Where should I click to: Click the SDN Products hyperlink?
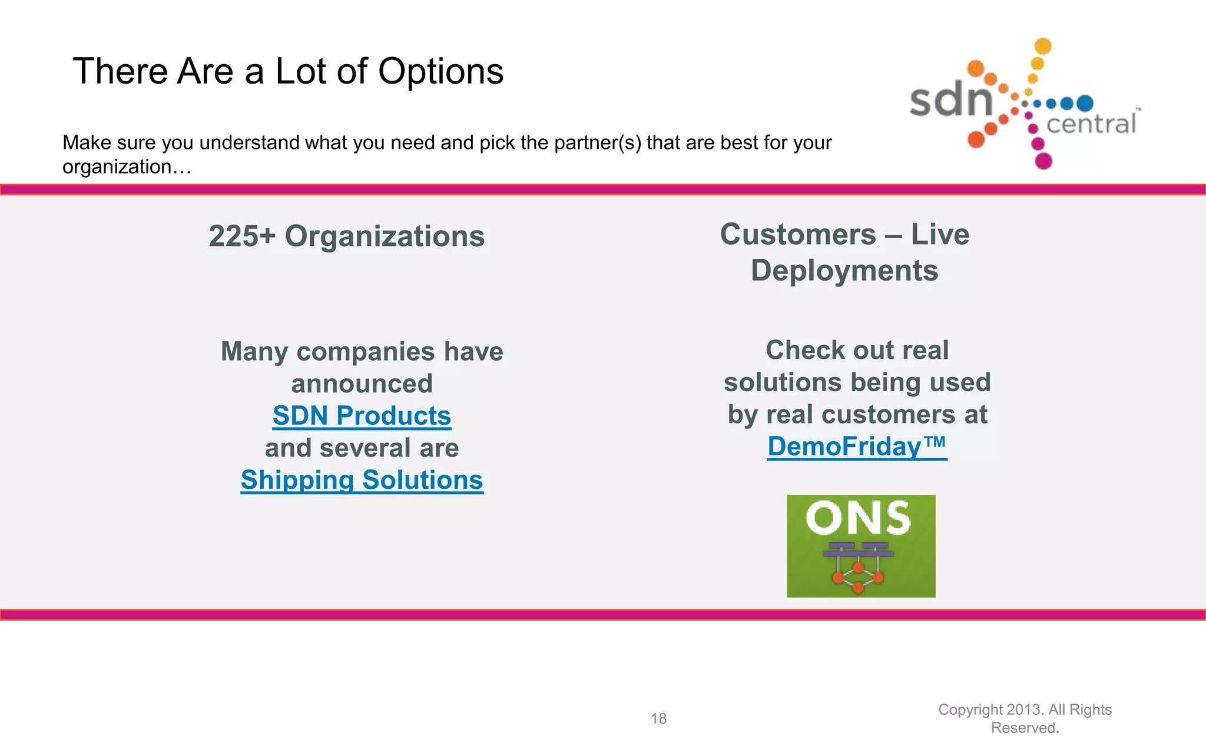(362, 416)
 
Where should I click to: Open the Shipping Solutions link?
(362, 480)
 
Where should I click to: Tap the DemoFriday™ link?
(857, 447)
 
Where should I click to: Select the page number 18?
(658, 718)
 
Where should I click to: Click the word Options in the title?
(440, 72)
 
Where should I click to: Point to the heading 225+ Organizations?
(347, 236)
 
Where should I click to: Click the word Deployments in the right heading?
(844, 271)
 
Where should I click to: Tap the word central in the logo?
(1091, 124)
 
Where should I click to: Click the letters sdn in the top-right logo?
(950, 100)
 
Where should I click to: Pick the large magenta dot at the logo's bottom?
(1043, 161)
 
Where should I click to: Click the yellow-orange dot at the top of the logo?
(1043, 46)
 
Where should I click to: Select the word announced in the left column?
(362, 384)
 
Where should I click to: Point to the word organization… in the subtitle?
(127, 167)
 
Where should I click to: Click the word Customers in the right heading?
(798, 235)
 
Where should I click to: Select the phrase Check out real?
(857, 351)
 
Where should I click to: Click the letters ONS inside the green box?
(858, 518)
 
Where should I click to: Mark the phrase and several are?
(362, 448)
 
